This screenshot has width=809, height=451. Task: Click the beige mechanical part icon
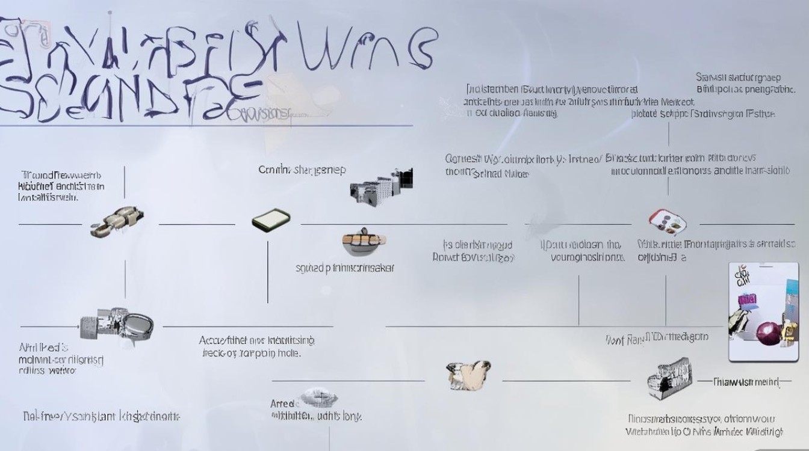coord(117,221)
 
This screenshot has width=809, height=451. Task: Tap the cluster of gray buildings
coord(382,184)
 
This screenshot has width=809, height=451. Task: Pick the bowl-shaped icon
coord(364,242)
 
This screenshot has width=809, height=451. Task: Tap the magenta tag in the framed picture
coord(747,299)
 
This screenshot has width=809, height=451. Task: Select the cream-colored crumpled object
coord(468,374)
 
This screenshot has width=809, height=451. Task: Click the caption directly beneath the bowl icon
coord(345,268)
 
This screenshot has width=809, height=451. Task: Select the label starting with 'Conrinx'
coord(302,170)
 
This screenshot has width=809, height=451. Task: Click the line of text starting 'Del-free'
coord(101,416)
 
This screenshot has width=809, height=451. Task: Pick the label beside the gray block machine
coord(746,382)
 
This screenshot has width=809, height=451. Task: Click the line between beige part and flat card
coord(197,224)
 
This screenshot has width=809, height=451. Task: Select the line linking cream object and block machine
coord(566,381)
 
